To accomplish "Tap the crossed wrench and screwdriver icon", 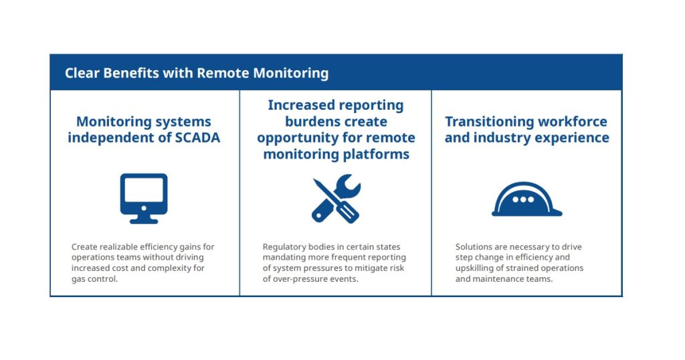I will tap(336, 199).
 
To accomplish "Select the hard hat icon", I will tap(526, 200).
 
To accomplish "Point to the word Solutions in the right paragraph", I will tap(474, 247).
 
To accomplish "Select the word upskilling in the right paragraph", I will tap(476, 268).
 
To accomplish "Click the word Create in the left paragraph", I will tap(84, 247).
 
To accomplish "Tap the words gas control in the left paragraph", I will tap(94, 279).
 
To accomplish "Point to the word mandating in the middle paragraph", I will tap(286, 258).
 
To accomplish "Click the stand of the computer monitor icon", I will tap(144, 219).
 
